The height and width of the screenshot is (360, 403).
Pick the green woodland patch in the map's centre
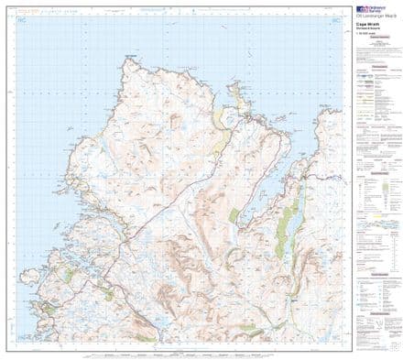234,216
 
